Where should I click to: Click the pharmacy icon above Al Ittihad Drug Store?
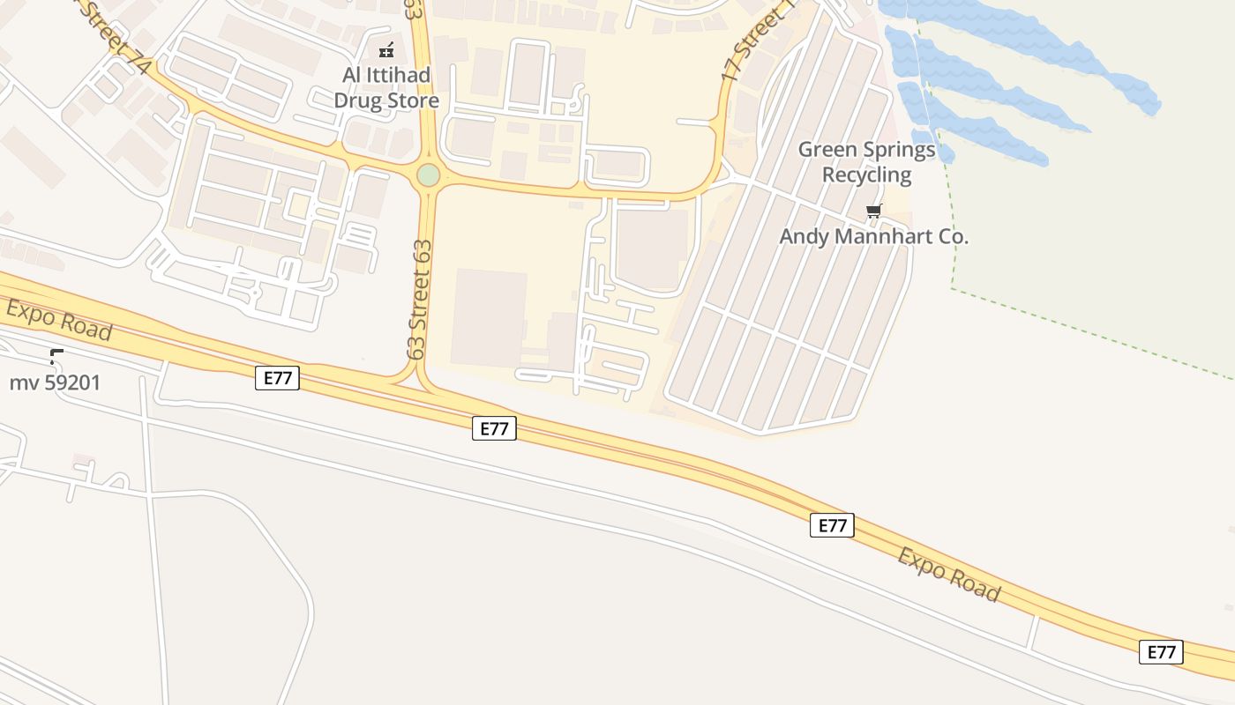[386, 50]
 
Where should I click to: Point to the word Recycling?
[866, 174]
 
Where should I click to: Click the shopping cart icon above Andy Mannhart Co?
[873, 211]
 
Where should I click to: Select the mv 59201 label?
[55, 382]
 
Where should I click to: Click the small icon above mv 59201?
[56, 356]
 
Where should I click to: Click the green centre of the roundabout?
[428, 174]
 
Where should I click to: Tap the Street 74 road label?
[118, 39]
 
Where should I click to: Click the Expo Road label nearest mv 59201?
[60, 320]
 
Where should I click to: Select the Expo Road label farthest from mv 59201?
[949, 574]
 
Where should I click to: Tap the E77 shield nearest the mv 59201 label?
[277, 378]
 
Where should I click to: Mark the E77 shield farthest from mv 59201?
[1161, 651]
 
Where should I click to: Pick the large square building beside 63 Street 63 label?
[489, 317]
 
